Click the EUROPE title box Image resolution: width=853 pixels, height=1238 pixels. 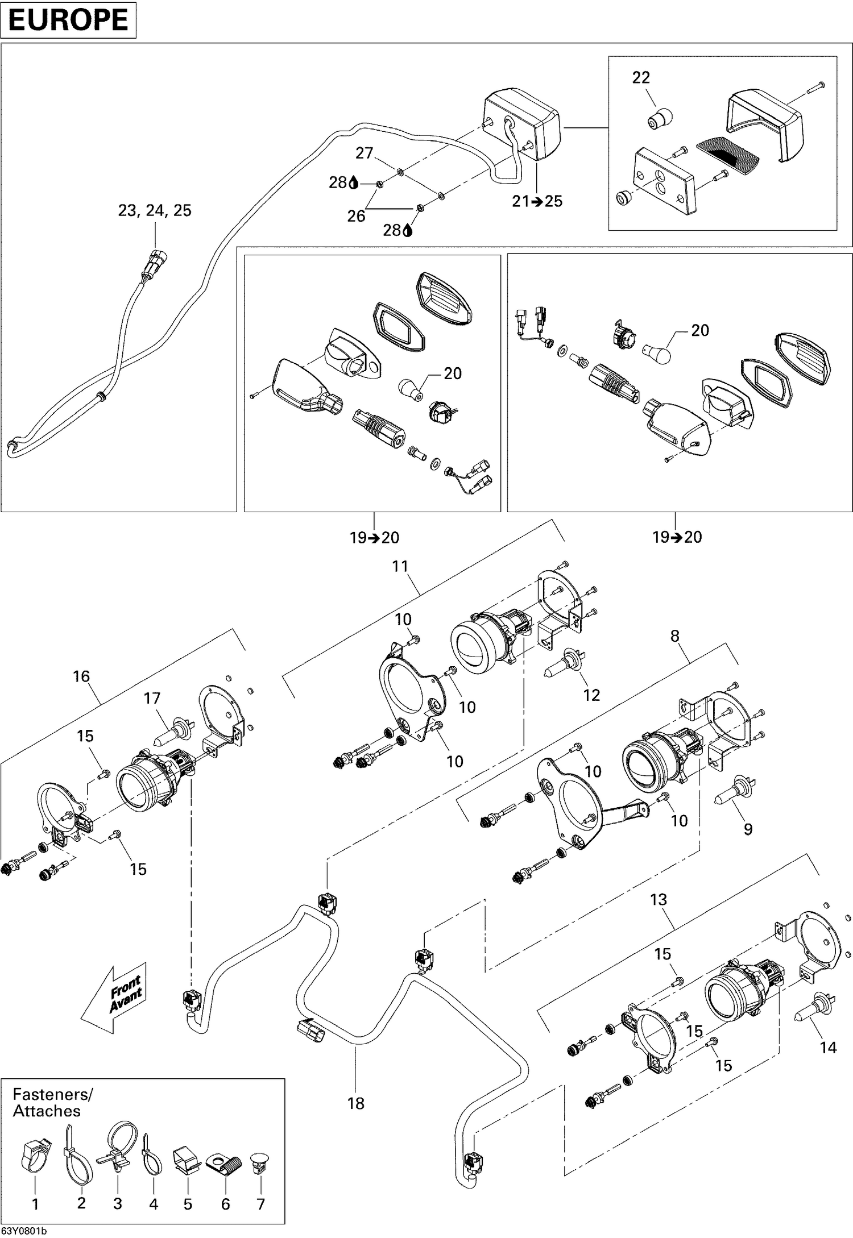point(68,20)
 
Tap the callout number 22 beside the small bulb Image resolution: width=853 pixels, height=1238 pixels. point(641,77)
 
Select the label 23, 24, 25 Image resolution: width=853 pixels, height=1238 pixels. point(155,210)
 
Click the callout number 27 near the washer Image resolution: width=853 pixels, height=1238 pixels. point(364,153)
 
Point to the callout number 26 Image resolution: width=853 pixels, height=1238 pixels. point(356,216)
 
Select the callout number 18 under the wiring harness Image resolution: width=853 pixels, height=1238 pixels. point(355,1103)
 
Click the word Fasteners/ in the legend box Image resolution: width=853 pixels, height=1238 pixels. point(52,1094)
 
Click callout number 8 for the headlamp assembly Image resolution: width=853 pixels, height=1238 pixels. point(674,636)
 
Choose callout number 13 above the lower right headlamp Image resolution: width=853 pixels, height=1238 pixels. point(659,900)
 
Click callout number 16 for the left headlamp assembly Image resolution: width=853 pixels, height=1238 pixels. point(81,676)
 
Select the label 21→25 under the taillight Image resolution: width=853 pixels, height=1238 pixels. point(537,201)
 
